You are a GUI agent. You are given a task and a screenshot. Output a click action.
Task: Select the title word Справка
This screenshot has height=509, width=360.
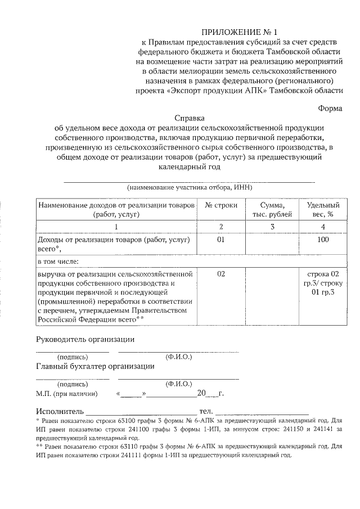point(190,119)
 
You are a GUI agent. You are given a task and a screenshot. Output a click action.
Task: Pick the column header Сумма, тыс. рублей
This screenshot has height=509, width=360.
point(272,209)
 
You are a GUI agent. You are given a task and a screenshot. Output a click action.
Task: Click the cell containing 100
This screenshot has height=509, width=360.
point(323,240)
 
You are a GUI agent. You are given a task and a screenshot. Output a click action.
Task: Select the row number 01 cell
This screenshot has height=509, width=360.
point(221,240)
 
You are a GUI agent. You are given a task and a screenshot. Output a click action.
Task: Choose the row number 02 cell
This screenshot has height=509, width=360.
point(221,274)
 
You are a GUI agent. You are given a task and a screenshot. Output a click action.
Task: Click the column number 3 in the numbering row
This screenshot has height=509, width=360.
point(272,227)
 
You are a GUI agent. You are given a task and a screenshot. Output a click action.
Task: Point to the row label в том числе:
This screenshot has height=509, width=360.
point(58,261)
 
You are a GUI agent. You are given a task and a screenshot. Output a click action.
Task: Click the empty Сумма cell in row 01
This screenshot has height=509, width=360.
point(272,244)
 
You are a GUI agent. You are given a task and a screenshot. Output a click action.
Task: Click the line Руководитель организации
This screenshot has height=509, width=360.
point(85,340)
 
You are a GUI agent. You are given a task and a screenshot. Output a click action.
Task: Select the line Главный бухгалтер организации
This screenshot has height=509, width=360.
point(95,367)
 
